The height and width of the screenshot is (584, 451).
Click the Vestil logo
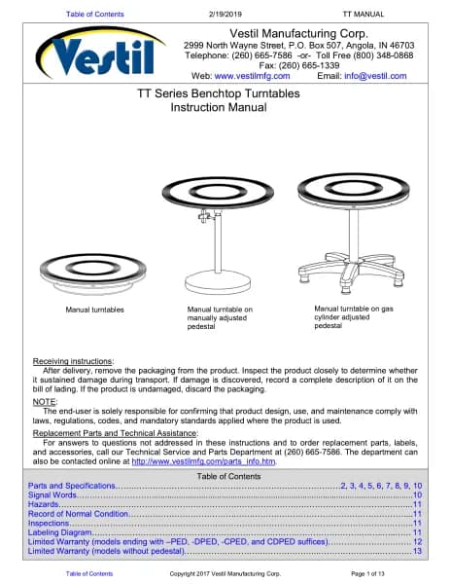100,53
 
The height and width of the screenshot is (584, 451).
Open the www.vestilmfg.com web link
252,76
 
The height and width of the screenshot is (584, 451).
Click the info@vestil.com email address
375,76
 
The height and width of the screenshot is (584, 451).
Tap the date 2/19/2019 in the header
225,15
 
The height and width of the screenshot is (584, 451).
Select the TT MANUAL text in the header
363,15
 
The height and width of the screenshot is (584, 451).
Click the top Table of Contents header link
95,15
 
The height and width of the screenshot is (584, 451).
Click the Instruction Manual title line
219,108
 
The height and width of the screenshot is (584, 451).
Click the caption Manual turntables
95,310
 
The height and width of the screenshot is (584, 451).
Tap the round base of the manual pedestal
218,282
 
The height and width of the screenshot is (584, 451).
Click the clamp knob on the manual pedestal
204,216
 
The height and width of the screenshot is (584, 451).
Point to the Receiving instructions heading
73,361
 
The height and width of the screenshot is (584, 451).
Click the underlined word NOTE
45,402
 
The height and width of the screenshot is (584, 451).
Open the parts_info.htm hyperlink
203,461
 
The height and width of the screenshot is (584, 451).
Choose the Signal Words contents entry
52,495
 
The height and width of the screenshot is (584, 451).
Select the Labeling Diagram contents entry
60,532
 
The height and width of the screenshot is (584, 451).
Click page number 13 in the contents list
418,551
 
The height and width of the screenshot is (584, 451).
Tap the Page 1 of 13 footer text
367,574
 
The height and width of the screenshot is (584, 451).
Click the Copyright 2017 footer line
225,574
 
